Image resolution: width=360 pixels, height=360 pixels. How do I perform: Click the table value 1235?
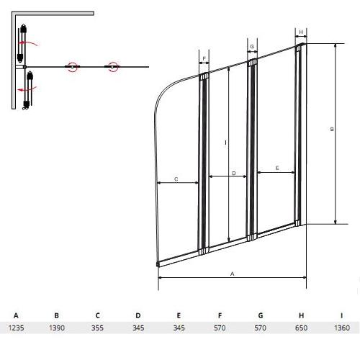[17, 328]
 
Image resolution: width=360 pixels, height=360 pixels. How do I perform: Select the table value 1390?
[57, 328]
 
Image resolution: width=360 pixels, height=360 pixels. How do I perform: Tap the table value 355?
[97, 328]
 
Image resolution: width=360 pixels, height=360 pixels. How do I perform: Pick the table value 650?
[301, 328]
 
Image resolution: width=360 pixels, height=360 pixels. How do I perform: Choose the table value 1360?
[342, 328]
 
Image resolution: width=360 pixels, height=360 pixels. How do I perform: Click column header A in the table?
[16, 315]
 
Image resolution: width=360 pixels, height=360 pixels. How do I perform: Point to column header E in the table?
[179, 315]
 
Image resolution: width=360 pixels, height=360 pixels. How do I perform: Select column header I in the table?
[342, 315]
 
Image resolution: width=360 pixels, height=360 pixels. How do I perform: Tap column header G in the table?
[261, 315]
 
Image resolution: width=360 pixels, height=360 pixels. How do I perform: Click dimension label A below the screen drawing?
[232, 274]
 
